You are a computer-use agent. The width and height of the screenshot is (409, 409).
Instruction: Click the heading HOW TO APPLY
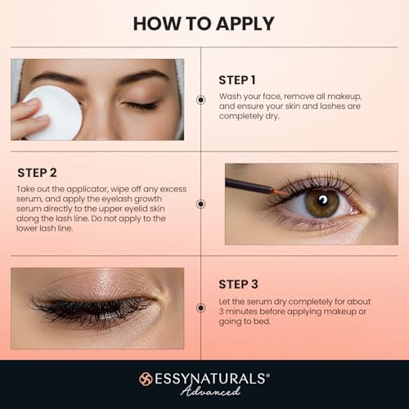tap(204, 23)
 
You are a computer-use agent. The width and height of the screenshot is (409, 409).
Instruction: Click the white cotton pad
tap(52, 111)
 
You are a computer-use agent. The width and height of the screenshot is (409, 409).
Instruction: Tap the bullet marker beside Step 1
tap(200, 99)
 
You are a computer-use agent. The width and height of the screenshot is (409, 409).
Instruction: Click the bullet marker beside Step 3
tap(200, 307)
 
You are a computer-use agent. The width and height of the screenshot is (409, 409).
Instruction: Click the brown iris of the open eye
tap(322, 202)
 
